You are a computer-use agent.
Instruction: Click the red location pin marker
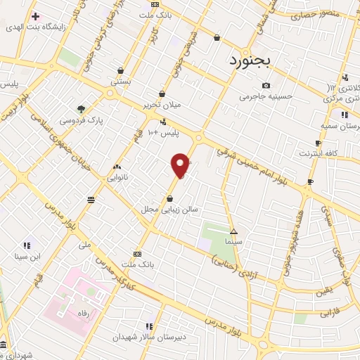(x=181, y=165)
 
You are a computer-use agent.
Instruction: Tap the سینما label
(x=235, y=242)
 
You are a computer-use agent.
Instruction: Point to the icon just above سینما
(x=234, y=231)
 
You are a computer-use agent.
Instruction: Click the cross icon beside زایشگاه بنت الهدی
(x=34, y=15)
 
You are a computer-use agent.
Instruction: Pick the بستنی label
(x=119, y=82)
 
